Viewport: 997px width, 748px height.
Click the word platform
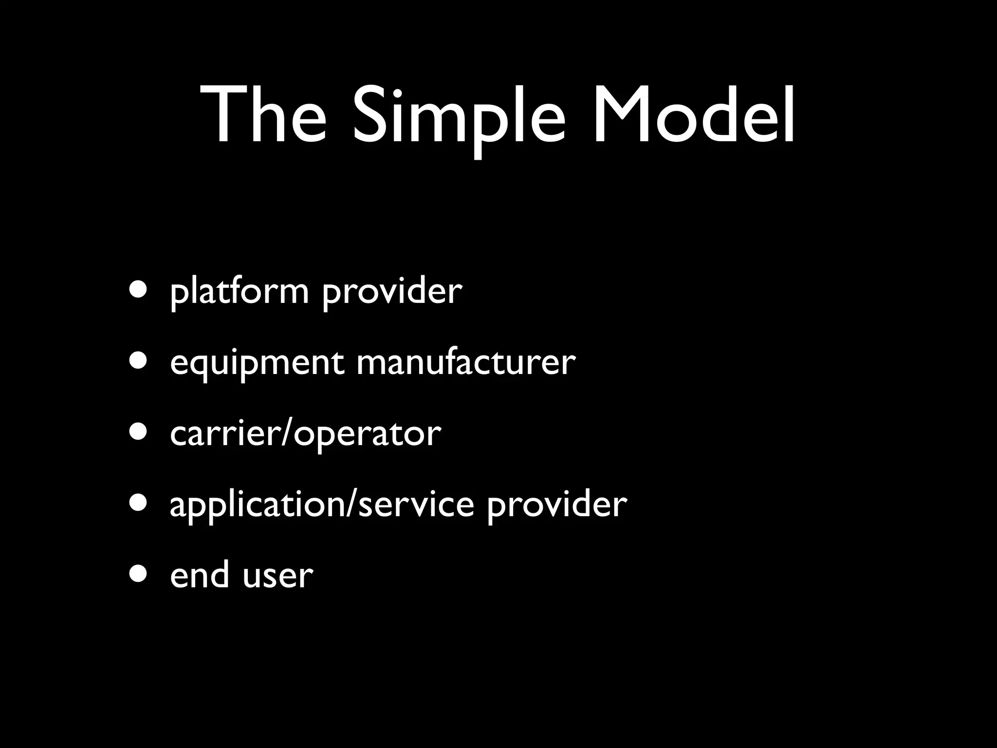click(239, 292)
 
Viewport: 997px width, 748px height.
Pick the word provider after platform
click(392, 292)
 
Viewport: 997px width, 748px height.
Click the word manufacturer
click(466, 363)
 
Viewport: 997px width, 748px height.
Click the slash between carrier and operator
click(287, 433)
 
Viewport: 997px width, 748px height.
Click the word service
click(416, 505)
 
